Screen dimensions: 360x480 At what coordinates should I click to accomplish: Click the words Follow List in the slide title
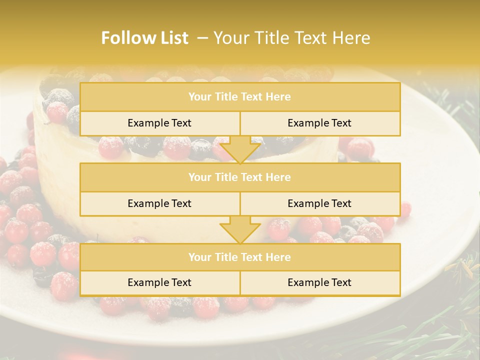tap(144, 38)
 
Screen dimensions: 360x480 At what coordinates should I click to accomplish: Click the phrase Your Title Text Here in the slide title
tap(291, 38)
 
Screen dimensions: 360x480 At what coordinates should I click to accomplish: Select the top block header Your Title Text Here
tap(239, 97)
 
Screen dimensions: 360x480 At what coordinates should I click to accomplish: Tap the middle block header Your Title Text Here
tap(239, 177)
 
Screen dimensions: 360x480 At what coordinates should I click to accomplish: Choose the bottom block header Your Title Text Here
tap(239, 257)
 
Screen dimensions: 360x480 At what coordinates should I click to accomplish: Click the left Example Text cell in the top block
tap(159, 123)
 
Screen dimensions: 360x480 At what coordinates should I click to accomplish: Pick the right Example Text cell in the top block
tap(319, 123)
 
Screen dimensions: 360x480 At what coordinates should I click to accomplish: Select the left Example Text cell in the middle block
tap(159, 203)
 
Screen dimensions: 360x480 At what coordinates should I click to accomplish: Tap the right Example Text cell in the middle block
tap(319, 203)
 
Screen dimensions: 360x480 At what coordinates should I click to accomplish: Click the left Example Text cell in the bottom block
tap(159, 282)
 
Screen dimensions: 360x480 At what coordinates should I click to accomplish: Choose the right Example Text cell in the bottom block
tap(319, 282)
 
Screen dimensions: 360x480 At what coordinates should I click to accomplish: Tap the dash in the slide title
tap(202, 38)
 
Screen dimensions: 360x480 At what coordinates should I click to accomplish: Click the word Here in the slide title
tap(353, 38)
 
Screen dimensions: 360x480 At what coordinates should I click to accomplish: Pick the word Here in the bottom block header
tap(278, 257)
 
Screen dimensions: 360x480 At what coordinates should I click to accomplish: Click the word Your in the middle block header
tap(199, 177)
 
